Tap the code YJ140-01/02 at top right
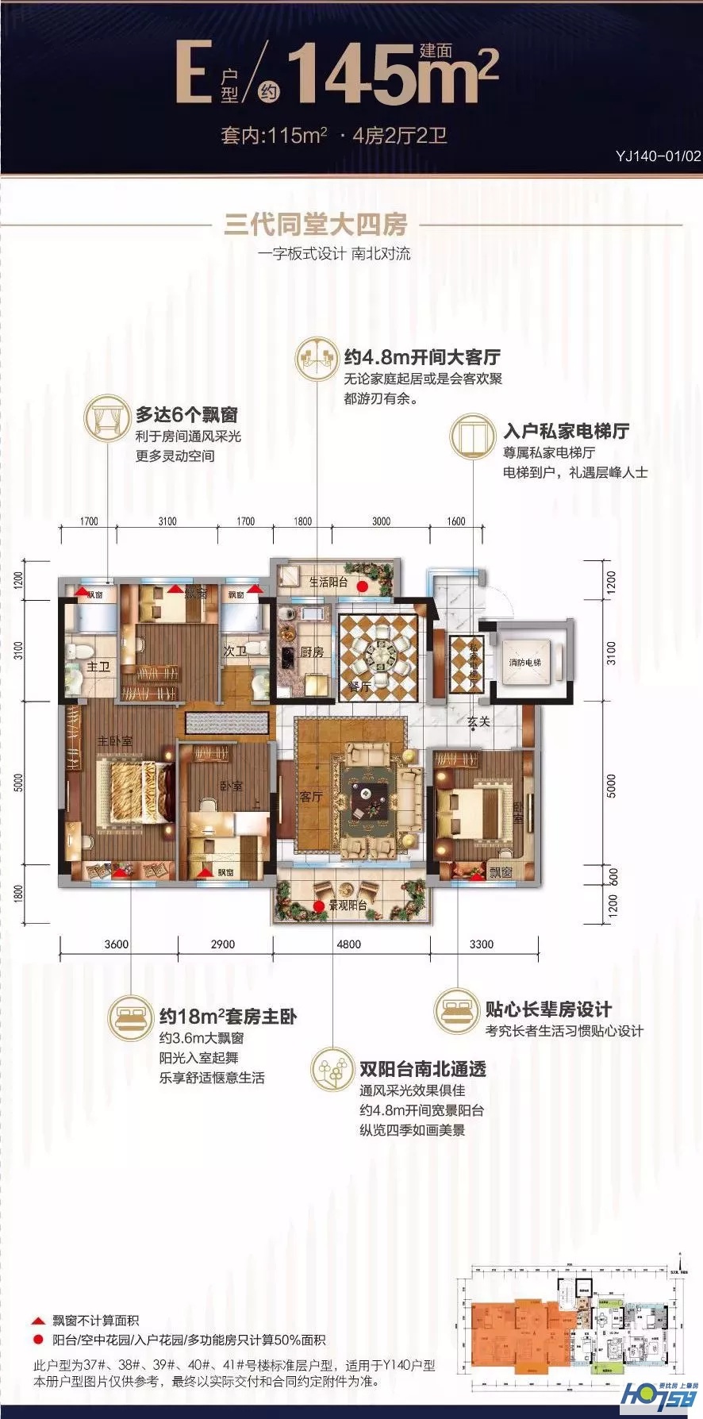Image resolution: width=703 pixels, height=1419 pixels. [658, 156]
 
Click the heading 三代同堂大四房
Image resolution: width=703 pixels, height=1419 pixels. [315, 225]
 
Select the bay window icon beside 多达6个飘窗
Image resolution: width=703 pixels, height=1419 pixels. [106, 417]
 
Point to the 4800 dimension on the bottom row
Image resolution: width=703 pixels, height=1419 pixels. [348, 944]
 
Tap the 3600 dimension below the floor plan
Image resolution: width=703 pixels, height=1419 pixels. [116, 944]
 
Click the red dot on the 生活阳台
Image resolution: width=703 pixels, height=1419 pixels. [362, 586]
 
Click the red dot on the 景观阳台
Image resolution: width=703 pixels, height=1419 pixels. [318, 906]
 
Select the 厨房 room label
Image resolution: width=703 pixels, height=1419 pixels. [312, 652]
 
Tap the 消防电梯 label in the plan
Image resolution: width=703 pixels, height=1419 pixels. [524, 662]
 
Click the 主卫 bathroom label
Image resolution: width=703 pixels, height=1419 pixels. [98, 667]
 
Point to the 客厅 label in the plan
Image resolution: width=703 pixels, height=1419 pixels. [311, 796]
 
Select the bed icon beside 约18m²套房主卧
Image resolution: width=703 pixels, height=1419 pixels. [131, 1017]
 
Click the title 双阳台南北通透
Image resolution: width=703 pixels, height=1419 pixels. [422, 1069]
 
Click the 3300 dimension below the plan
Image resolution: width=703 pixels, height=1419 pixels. [481, 944]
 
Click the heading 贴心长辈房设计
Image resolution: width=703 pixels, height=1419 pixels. [548, 1009]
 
